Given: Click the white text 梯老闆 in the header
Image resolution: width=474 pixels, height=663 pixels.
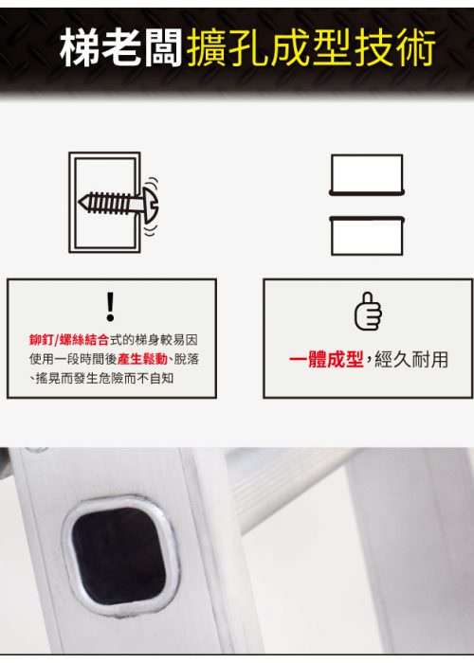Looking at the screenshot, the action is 121,47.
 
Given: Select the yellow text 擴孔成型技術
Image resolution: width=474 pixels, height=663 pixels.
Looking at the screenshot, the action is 311,47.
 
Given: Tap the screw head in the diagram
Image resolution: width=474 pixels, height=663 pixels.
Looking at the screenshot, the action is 150,204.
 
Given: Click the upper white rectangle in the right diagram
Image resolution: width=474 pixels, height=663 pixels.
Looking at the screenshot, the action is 367,174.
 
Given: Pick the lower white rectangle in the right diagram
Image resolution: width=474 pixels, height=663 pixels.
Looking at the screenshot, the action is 367,236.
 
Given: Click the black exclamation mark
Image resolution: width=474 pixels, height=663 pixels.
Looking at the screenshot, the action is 111,306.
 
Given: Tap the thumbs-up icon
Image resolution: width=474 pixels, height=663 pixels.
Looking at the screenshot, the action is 368,312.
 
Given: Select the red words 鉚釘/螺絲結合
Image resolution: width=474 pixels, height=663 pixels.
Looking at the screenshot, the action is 69,339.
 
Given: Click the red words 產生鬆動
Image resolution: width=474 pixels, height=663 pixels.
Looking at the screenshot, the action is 142,359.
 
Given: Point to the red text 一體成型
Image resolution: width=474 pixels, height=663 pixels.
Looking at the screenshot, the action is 326,359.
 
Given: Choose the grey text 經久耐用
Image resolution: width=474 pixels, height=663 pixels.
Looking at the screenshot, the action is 411,359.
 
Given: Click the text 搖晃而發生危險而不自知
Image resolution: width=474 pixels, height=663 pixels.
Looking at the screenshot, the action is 104,379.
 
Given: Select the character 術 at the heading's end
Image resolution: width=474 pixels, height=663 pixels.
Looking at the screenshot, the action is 416,47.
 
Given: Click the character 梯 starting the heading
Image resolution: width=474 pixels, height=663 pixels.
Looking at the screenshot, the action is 80,47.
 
